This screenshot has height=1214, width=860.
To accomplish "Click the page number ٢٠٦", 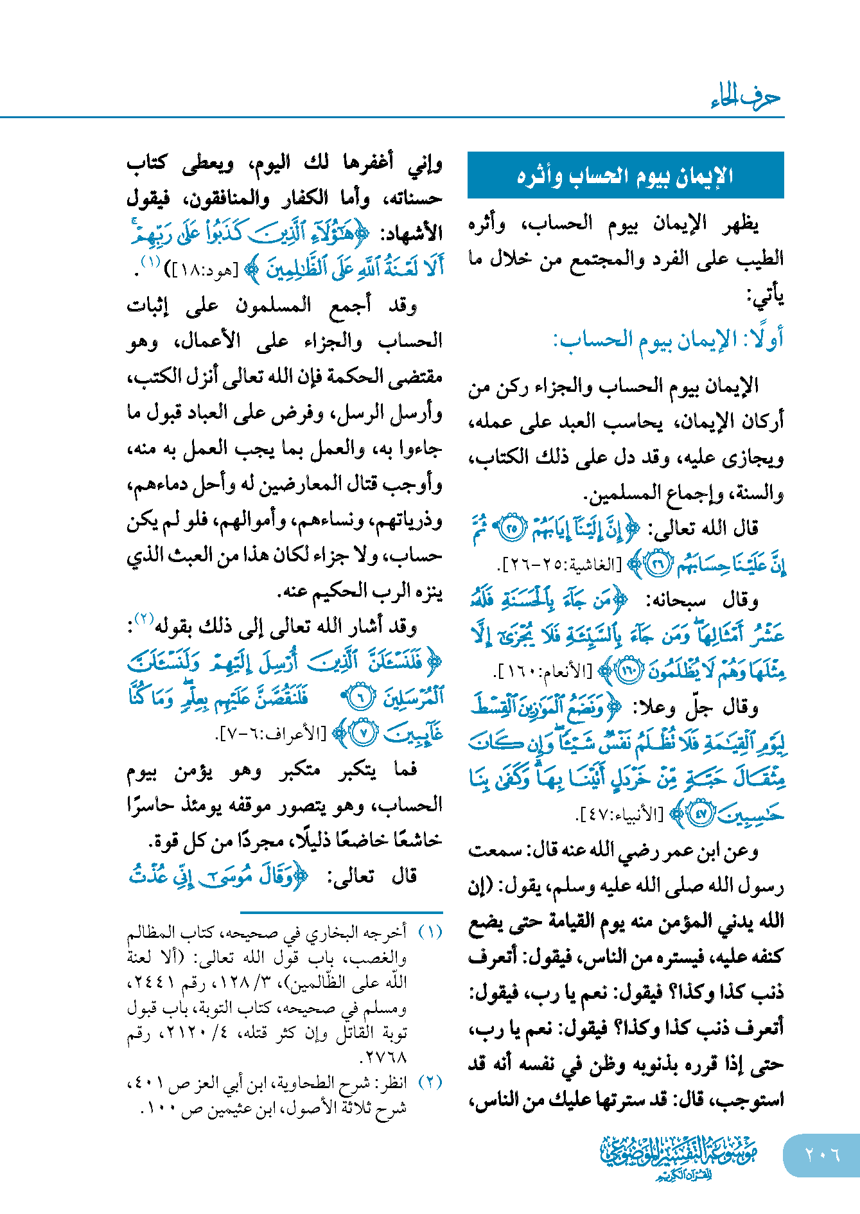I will (822, 1154).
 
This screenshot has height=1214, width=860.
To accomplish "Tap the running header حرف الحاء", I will (746, 98).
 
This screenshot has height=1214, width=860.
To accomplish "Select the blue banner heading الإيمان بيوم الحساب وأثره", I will (626, 175).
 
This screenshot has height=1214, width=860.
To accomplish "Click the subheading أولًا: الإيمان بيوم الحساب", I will (668, 339).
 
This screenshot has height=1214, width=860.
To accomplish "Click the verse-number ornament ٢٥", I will (512, 529).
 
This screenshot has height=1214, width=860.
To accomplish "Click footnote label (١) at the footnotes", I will (430, 932).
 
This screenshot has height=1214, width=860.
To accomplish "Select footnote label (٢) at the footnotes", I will (430, 1082).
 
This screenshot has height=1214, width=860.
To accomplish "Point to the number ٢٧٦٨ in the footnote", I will (386, 1057).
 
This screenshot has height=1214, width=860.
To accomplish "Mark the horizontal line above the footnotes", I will (341, 912).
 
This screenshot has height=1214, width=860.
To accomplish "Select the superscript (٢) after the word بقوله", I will (144, 620).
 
